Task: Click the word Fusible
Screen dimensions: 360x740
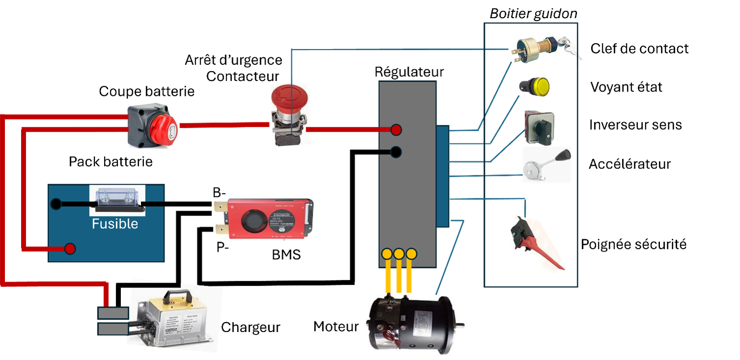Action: coord(115,224)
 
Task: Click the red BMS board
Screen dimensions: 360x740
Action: coord(265,218)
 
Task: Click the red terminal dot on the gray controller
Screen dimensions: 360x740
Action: coord(396,130)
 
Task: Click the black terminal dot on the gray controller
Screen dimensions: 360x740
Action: coord(396,152)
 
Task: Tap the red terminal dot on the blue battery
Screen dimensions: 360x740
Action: coord(70,249)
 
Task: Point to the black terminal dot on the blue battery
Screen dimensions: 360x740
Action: coord(56,203)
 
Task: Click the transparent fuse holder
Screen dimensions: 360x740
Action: coord(117,199)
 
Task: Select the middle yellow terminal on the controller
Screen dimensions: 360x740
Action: coord(399,254)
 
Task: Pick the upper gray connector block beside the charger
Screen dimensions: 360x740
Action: coord(113,313)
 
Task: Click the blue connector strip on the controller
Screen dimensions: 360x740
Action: coord(443,176)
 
